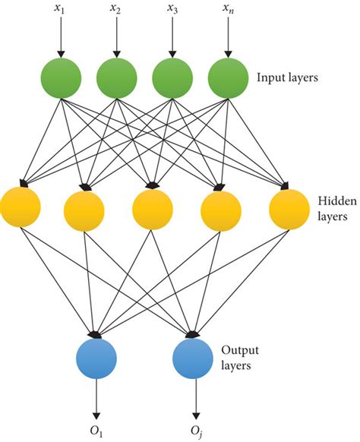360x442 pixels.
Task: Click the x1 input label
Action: (x=59, y=9)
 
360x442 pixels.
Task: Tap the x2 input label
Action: (x=115, y=9)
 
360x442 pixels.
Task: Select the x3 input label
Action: (x=172, y=9)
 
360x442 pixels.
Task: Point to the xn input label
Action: (x=229, y=9)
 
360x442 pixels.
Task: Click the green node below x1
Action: (x=61, y=78)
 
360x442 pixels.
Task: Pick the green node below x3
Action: (x=172, y=78)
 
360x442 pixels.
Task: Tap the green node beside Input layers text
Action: (x=229, y=78)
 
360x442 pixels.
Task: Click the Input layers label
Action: (x=287, y=77)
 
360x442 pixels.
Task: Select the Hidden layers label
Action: (x=337, y=209)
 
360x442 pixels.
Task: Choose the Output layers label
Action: (x=240, y=358)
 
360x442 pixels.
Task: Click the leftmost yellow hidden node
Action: (x=21, y=207)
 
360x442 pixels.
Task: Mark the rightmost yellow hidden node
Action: (x=289, y=210)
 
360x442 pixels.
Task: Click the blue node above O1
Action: (x=96, y=358)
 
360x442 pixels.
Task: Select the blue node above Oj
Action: (x=193, y=358)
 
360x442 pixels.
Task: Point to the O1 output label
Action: (x=96, y=431)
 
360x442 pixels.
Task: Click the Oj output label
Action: (x=196, y=432)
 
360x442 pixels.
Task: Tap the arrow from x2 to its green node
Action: (x=117, y=36)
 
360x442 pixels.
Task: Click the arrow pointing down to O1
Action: (x=96, y=399)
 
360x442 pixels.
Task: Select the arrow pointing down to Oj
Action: (x=196, y=399)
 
